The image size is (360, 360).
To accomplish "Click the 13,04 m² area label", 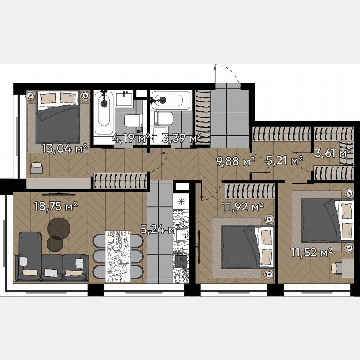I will tap(65, 148).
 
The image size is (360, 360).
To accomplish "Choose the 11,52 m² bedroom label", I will tap(311, 251).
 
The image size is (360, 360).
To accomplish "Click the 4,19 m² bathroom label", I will tap(130, 138).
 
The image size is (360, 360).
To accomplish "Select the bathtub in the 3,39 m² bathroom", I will tap(171, 100).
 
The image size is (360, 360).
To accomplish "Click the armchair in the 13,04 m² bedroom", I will tap(37, 167).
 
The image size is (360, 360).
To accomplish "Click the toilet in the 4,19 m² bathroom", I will tap(133, 120).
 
